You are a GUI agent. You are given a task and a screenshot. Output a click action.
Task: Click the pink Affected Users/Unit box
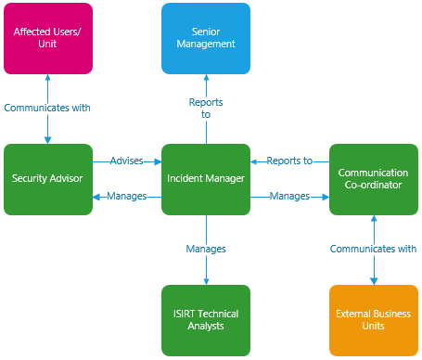(47, 38)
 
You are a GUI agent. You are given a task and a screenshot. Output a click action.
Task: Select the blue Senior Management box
(206, 38)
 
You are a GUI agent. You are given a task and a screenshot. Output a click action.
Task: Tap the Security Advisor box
(48, 179)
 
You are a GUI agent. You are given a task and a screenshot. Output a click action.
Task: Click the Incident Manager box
(206, 179)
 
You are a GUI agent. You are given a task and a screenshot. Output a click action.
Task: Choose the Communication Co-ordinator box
(374, 179)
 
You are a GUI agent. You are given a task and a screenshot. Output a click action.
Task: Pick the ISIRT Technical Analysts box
(206, 320)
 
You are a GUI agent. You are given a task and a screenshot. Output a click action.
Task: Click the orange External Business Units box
(374, 320)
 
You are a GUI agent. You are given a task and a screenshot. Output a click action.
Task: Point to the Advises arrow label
(127, 161)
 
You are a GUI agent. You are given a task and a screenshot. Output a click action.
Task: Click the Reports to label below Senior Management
(206, 108)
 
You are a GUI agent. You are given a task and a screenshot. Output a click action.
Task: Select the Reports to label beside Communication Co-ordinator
(289, 161)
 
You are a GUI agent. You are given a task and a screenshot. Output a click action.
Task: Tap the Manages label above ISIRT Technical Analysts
(206, 249)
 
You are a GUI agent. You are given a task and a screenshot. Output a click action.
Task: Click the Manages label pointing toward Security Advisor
(127, 196)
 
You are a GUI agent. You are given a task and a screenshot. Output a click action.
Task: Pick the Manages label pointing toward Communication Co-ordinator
(289, 196)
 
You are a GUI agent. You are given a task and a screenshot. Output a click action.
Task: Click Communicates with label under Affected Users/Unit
(47, 108)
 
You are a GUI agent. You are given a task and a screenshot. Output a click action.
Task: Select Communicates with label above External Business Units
(374, 249)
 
